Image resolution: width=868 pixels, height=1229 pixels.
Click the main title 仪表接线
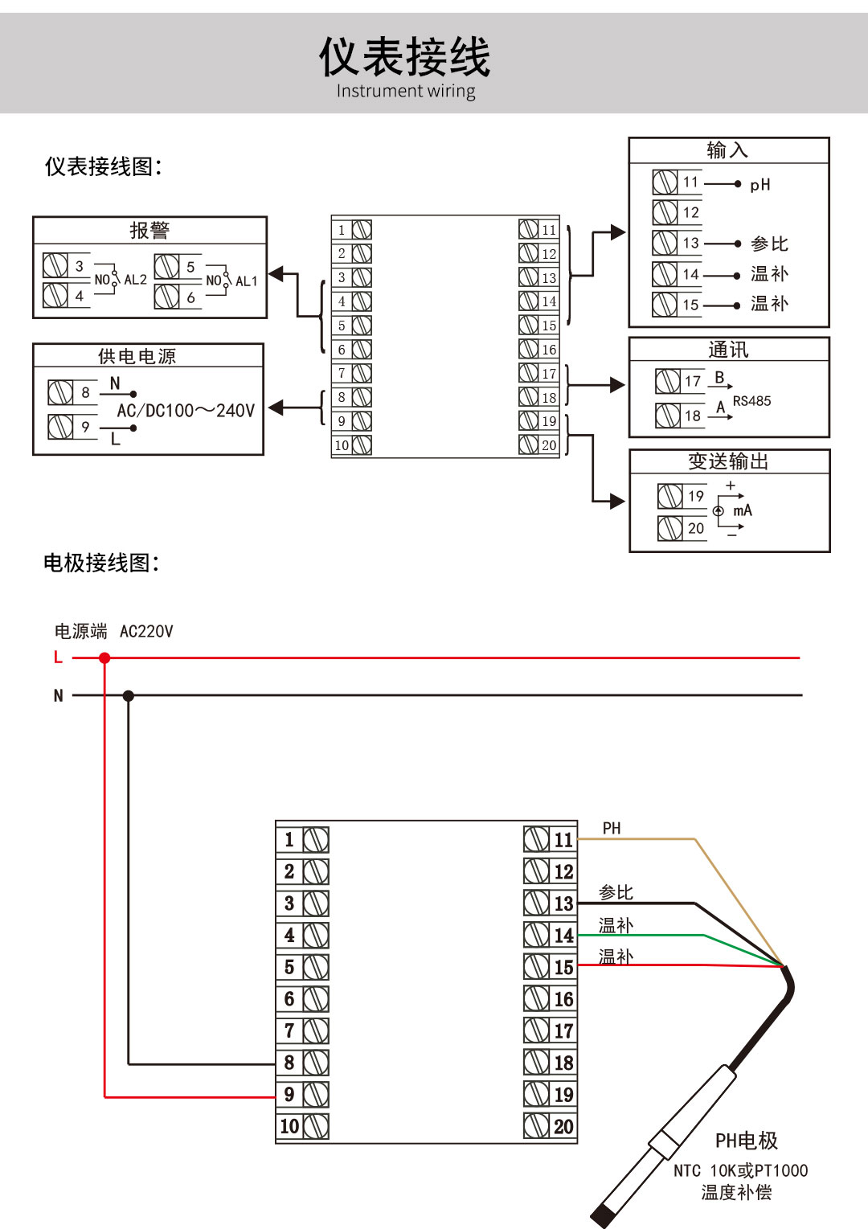pyautogui.click(x=404, y=57)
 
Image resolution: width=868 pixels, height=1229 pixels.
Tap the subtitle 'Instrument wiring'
pyautogui.click(x=405, y=91)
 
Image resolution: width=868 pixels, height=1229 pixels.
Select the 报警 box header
pyautogui.click(x=149, y=231)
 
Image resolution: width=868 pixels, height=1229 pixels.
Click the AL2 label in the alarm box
pyautogui.click(x=135, y=280)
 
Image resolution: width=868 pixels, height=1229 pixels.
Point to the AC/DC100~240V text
pyautogui.click(x=186, y=411)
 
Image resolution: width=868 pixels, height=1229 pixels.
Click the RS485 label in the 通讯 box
pyautogui.click(x=751, y=400)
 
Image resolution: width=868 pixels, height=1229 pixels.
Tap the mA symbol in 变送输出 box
pyautogui.click(x=742, y=510)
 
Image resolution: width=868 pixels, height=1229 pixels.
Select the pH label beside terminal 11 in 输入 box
pyautogui.click(x=759, y=185)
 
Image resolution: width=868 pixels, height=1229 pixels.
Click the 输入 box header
pyautogui.click(x=727, y=150)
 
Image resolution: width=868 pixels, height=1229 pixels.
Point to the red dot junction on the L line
pyautogui.click(x=104, y=658)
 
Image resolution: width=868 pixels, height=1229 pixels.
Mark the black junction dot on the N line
pyautogui.click(x=129, y=695)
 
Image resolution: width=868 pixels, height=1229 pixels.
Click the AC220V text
pyautogui.click(x=146, y=632)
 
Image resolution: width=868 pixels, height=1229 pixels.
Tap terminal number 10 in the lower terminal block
pyautogui.click(x=289, y=1126)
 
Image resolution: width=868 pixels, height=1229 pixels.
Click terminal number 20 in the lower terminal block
pyautogui.click(x=563, y=1126)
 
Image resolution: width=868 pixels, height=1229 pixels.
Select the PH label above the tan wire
pyautogui.click(x=612, y=828)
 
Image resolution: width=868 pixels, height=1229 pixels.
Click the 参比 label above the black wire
pyautogui.click(x=616, y=892)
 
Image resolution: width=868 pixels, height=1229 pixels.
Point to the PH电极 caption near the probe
pyautogui.click(x=746, y=1141)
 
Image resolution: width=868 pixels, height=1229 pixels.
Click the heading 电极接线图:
pyautogui.click(x=101, y=563)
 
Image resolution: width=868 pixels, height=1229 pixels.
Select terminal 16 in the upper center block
pyautogui.click(x=549, y=350)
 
